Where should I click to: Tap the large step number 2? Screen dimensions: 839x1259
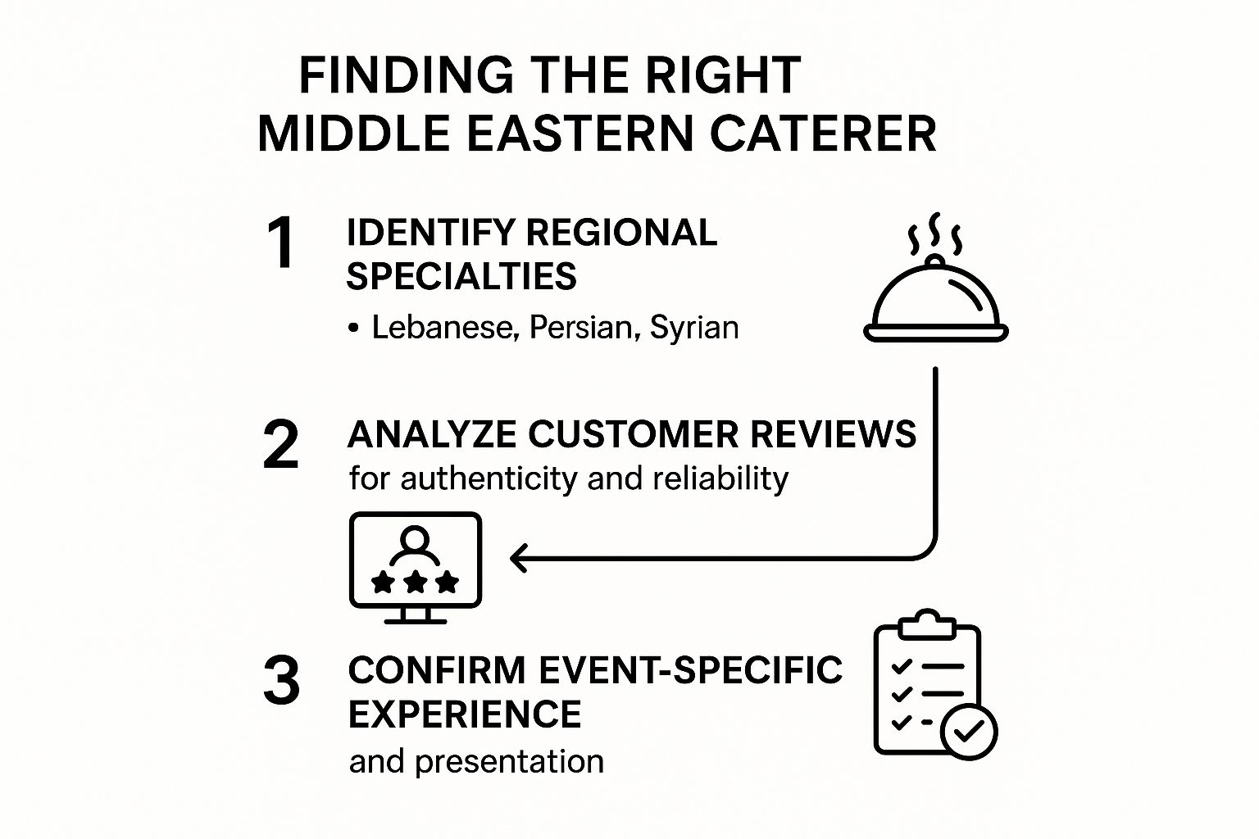coord(280,445)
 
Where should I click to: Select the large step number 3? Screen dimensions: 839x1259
coord(281,681)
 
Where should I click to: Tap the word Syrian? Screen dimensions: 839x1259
coord(694,328)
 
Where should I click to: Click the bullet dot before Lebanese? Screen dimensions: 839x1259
coord(353,329)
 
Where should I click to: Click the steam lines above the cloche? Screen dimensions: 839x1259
coord(934,235)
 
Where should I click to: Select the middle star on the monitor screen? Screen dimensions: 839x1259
coord(416,582)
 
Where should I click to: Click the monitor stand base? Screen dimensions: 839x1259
coord(416,619)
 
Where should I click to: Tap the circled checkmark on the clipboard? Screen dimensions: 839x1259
coord(969,732)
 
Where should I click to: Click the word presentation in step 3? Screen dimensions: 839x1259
coord(509,762)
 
